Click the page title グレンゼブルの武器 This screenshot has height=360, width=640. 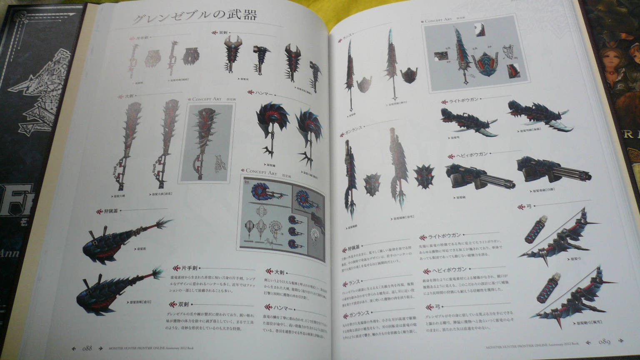coord(194,16)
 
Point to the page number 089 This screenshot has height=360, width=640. coord(604,342)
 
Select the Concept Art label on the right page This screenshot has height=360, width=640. coord(438,20)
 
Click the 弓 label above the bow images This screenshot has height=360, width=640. coord(529,206)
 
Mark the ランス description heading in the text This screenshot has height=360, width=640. coord(353,282)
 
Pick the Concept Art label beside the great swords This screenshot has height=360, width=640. coord(207,99)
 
